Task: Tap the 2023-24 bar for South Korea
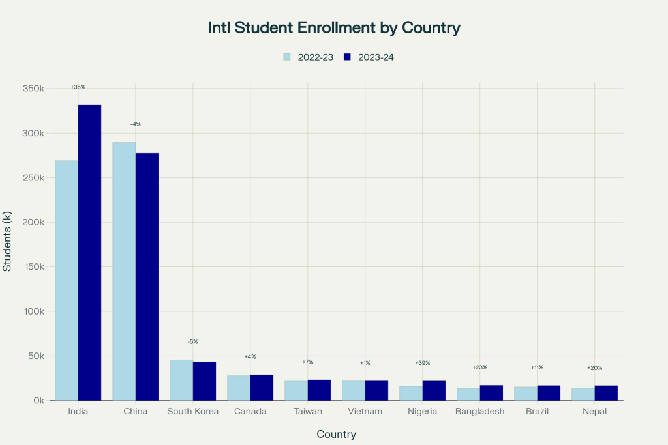click(x=204, y=381)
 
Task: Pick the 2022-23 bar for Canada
click(x=239, y=388)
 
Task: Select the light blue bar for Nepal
click(x=583, y=394)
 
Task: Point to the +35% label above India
click(x=78, y=87)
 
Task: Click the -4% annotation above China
click(x=136, y=124)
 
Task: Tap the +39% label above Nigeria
click(x=423, y=363)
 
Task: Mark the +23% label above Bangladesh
click(x=480, y=367)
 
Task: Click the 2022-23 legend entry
click(x=309, y=57)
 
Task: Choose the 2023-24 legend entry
click(x=369, y=57)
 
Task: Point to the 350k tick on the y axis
click(x=33, y=89)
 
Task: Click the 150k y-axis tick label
click(x=33, y=267)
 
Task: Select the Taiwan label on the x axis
click(x=308, y=412)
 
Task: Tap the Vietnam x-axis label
click(x=365, y=412)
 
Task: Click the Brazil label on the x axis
click(x=538, y=412)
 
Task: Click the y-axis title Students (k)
click(x=8, y=244)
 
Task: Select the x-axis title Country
click(x=337, y=434)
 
